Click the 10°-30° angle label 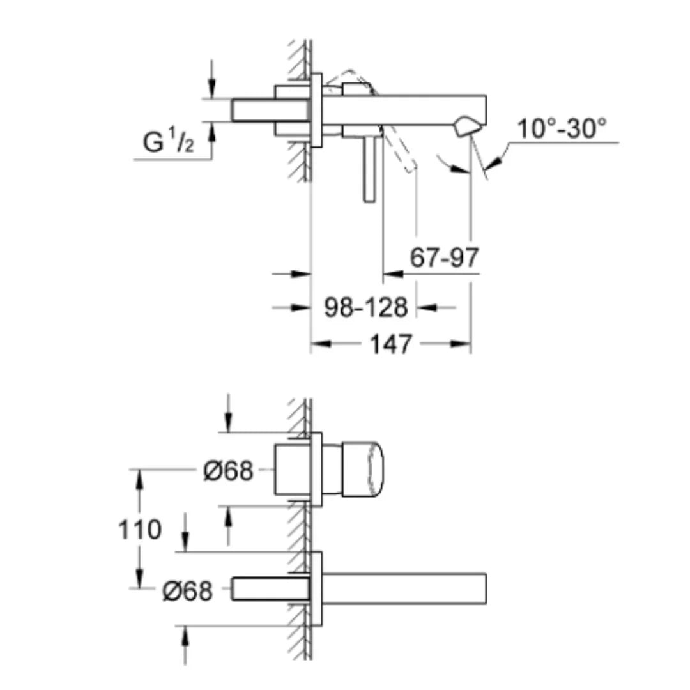pyautogui.click(x=562, y=129)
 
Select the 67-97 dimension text pyautogui.click(x=444, y=257)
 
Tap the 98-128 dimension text pyautogui.click(x=366, y=307)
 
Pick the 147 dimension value pyautogui.click(x=391, y=344)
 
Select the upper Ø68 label pyautogui.click(x=228, y=471)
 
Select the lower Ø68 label pyautogui.click(x=187, y=591)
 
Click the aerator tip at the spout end pyautogui.click(x=466, y=126)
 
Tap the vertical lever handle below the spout pyautogui.click(x=369, y=169)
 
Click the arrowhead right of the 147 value pyautogui.click(x=461, y=344)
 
